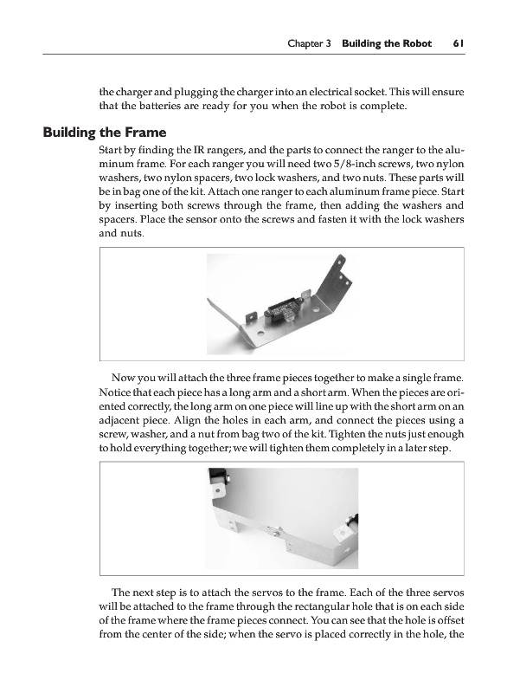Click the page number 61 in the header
(458, 43)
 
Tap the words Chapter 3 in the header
(309, 43)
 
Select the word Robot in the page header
(416, 43)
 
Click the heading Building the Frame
(105, 133)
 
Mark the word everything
(160, 448)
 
